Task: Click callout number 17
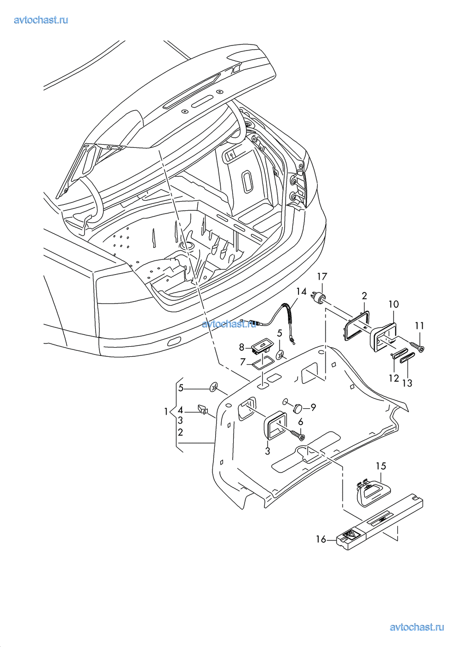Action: pos(322,276)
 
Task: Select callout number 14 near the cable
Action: pos(301,292)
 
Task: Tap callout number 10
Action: pos(394,304)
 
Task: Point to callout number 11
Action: pos(419,326)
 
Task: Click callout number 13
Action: pos(407,383)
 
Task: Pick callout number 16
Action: pos(321,539)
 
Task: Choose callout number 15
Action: pos(381,466)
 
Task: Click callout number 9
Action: pos(313,407)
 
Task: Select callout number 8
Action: pos(241,348)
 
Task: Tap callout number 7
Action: pos(243,362)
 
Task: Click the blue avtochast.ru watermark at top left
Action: pos(41,20)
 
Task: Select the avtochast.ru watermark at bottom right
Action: pos(417,627)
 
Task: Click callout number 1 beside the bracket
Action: pos(166,411)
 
